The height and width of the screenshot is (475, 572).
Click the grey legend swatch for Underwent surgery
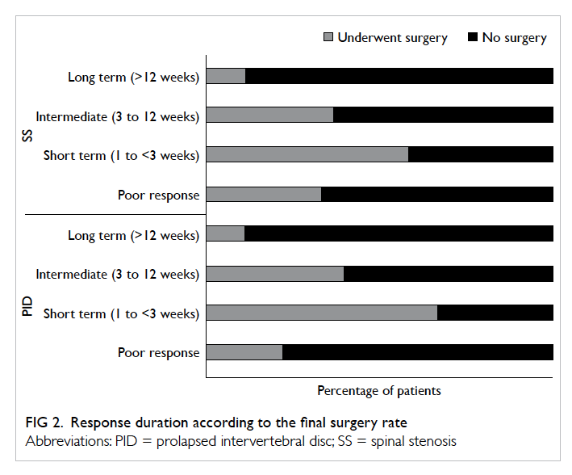(328, 37)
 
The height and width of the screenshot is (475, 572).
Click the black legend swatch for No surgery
(473, 37)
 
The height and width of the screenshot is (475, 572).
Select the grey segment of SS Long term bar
(226, 76)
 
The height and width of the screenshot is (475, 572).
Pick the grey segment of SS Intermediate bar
(269, 115)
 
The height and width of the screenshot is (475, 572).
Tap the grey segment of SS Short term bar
(307, 154)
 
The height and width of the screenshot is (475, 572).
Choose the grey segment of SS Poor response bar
(264, 194)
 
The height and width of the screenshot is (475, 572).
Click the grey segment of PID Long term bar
(225, 233)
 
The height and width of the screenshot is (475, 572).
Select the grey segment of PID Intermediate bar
(275, 274)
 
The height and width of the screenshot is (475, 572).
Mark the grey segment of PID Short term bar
(322, 313)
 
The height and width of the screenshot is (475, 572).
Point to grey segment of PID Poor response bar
(244, 352)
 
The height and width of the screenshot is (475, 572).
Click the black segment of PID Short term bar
(495, 313)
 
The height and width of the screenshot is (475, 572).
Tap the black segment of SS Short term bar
(481, 154)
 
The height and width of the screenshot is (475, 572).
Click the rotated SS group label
(27, 136)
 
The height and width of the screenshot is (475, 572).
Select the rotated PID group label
(27, 306)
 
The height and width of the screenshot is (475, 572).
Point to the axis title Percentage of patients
(379, 391)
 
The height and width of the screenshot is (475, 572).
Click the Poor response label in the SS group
(159, 195)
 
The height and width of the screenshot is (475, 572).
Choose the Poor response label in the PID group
(159, 353)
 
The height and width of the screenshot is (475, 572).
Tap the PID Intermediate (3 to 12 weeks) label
(118, 275)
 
